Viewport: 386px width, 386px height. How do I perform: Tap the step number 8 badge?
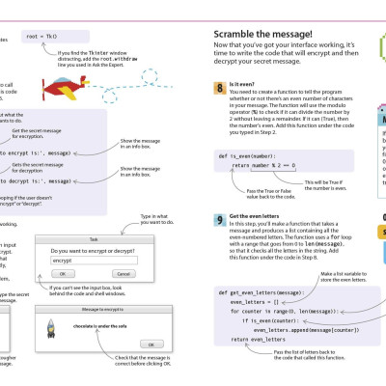pos(218,88)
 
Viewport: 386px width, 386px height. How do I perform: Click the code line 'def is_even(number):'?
pos(245,155)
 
